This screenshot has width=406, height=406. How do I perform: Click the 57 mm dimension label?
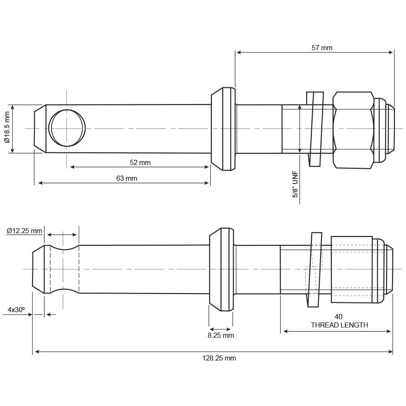tap(322, 47)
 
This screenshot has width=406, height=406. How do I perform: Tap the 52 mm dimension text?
tap(140, 163)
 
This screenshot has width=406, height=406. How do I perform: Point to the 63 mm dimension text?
tap(126, 178)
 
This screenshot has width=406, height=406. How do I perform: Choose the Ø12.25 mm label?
tap(24, 230)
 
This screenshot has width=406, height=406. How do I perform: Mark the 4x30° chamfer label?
tap(16, 309)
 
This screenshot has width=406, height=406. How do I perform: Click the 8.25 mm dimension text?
tap(221, 335)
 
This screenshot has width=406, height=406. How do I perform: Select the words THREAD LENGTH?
tap(339, 325)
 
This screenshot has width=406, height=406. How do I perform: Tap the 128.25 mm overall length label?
tap(219, 358)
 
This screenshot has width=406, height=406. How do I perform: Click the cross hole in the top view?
tap(68, 128)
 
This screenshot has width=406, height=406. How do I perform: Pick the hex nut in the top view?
tap(353, 129)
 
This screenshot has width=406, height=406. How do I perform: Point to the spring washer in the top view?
tap(315, 128)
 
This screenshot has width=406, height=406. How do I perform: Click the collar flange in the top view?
tap(223, 129)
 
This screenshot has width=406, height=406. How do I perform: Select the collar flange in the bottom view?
tap(221, 269)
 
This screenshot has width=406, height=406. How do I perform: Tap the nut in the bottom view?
tap(352, 269)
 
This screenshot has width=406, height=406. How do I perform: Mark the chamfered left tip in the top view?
tap(40, 128)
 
